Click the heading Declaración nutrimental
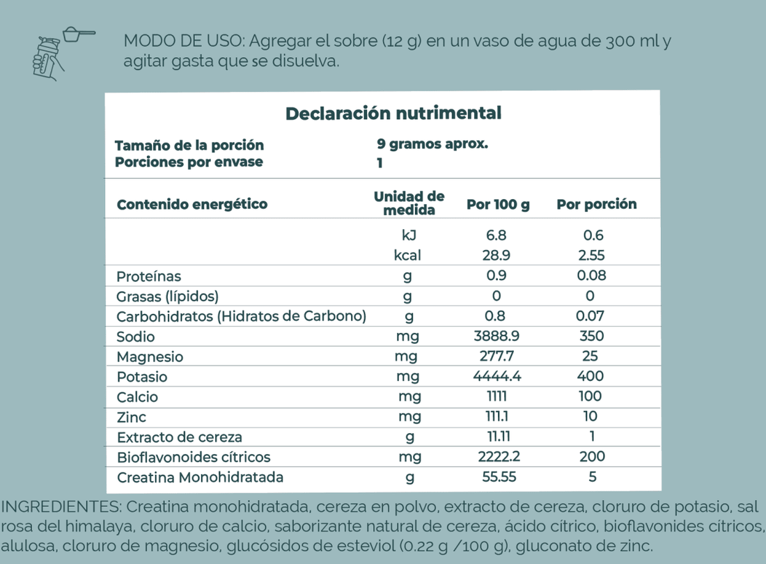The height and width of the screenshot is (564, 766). coord(393,113)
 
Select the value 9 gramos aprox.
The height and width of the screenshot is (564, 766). coord(432,145)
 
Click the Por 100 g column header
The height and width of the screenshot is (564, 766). coord(498,205)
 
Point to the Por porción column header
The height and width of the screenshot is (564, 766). coord(596,205)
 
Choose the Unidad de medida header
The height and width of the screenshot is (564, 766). coord(409,203)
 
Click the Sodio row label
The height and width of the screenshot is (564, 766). coord(136,337)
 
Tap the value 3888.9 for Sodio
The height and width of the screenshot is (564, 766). coord(497,336)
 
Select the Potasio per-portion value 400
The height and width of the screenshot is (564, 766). coord(591,377)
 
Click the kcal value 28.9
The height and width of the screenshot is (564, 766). coord(497,256)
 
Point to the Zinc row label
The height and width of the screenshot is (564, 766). coord(132,418)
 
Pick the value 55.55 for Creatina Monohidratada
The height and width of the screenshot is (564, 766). coord(497,478)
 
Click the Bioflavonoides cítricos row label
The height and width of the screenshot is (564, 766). coord(194,457)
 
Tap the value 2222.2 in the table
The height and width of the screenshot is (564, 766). coord(497,457)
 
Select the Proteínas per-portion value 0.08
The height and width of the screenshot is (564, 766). coord(591,276)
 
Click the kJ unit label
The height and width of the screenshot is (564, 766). coord(409,236)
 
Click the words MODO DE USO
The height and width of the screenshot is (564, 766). coord(180,40)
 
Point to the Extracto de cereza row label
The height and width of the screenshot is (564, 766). coord(180,438)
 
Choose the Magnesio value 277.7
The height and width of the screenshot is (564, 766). coord(497,357)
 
